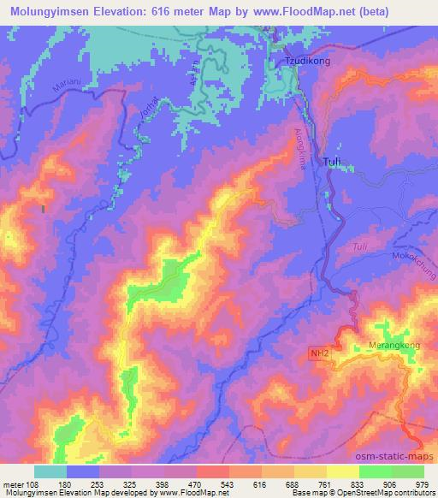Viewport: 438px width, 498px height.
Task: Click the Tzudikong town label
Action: click(305, 62)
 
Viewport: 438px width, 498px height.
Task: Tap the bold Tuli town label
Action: click(335, 160)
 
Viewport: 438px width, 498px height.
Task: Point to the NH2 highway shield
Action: click(318, 352)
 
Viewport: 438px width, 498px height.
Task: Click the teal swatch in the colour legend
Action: click(50, 471)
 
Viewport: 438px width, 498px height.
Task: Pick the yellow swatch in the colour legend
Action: click(342, 471)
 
